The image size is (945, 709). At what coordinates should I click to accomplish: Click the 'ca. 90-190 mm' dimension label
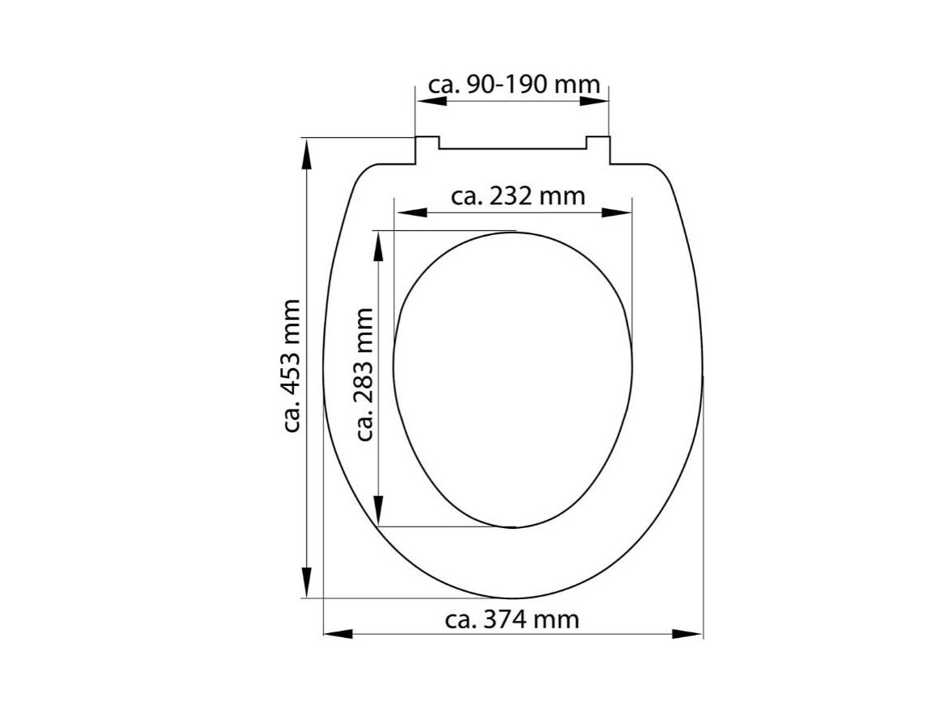coord(514,84)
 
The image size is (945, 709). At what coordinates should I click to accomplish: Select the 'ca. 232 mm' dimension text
coord(518,195)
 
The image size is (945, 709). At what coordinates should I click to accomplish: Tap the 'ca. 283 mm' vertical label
coord(364,374)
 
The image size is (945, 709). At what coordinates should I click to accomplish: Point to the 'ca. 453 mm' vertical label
coord(292,366)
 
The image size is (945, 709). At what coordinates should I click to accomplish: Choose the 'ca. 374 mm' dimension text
coord(512,619)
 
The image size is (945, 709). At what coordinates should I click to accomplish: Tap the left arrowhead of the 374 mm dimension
coord(338,634)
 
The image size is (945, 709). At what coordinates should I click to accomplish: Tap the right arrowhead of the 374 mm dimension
coord(687,634)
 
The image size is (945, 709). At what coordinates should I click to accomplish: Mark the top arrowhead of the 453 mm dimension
coord(307,153)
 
